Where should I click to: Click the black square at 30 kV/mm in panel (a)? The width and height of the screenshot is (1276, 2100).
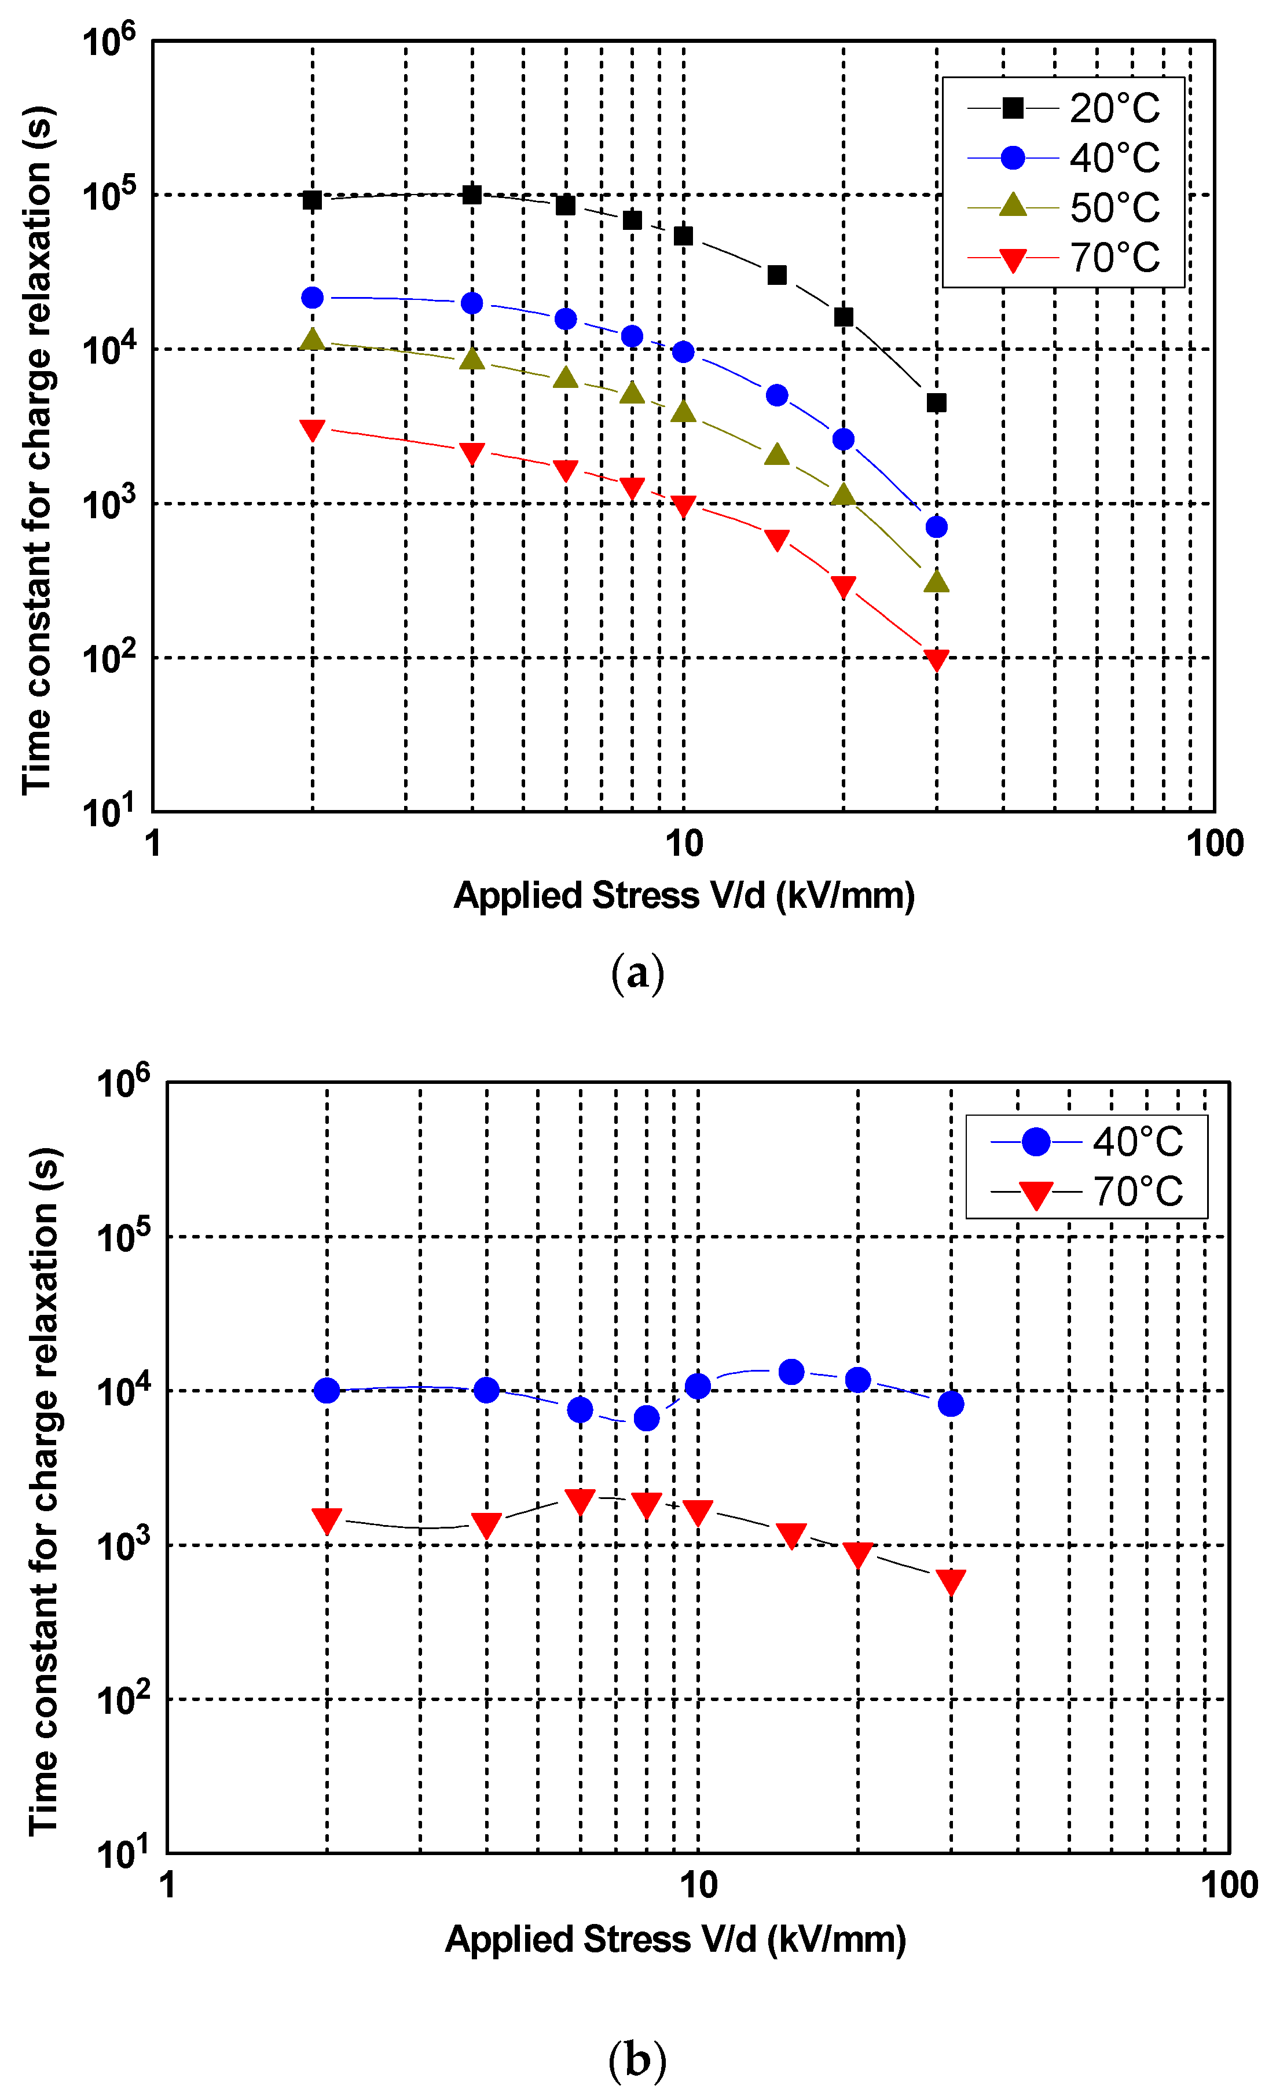coord(936,403)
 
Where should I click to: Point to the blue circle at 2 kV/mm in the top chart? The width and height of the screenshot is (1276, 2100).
coord(313,298)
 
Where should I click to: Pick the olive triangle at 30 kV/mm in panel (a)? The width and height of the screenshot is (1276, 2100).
coord(936,582)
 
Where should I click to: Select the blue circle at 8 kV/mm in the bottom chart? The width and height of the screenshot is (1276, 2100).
coord(646,1418)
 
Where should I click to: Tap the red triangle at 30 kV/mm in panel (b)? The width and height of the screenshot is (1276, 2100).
coord(951,1582)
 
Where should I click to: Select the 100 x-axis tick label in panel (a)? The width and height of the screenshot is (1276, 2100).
coord(1214,844)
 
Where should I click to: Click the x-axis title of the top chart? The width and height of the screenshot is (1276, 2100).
coord(684,896)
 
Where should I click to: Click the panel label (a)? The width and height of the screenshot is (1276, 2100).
coord(637,973)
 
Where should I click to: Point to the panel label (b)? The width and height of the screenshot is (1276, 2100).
coord(637,2060)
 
